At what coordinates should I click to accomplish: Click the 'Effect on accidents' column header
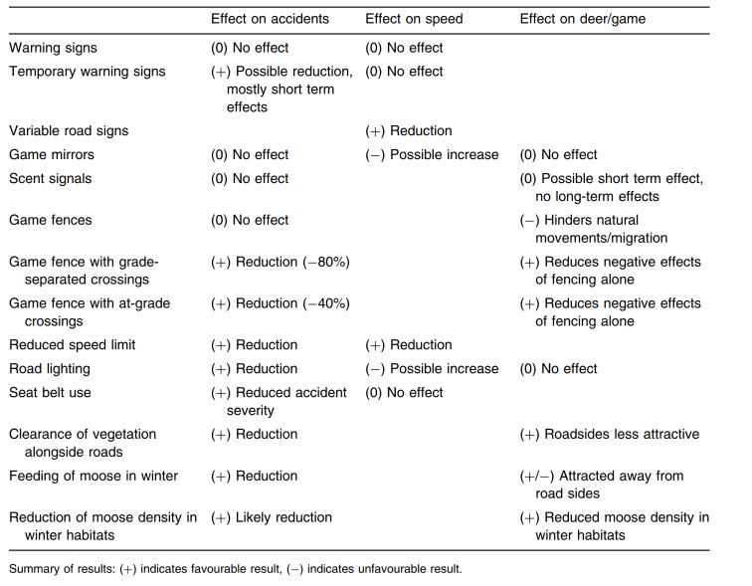point(270,19)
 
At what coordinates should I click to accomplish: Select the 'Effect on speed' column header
point(414,19)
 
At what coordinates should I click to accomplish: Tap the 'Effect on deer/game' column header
point(583,19)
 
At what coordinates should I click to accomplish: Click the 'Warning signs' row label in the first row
point(53,48)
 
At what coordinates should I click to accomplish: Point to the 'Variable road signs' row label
point(69,131)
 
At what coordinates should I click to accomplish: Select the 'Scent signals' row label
point(51,178)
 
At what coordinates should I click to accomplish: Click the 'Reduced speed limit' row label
point(73,345)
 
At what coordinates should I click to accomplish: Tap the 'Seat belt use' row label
point(50,392)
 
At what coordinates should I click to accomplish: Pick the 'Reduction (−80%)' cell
point(281,262)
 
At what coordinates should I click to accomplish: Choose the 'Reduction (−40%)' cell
point(281,303)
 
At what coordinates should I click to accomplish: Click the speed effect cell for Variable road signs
point(409,131)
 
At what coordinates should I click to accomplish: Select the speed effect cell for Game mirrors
point(432,155)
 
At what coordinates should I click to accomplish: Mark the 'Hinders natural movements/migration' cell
point(594,229)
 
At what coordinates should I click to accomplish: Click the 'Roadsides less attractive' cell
point(610,434)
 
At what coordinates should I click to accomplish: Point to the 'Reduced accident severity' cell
point(279,401)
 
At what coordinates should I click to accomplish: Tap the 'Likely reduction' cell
point(272,517)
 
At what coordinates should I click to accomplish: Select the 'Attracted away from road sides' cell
point(602,485)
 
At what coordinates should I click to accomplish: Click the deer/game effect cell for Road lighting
point(558,369)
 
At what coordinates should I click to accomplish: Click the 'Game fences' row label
point(51,220)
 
